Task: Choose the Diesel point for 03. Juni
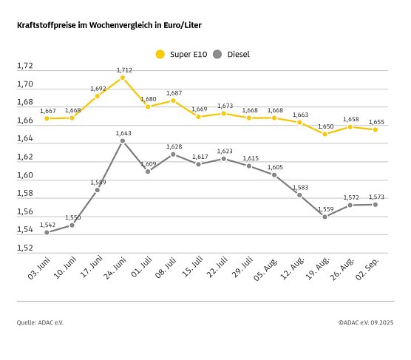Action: point(47,232)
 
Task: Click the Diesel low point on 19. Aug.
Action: point(325,217)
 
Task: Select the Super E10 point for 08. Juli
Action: point(173,100)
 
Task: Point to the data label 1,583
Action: point(299,186)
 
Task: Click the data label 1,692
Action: point(98,88)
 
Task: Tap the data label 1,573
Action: point(376,196)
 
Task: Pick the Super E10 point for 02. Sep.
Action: point(376,129)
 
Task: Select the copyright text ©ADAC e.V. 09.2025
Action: point(366,322)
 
